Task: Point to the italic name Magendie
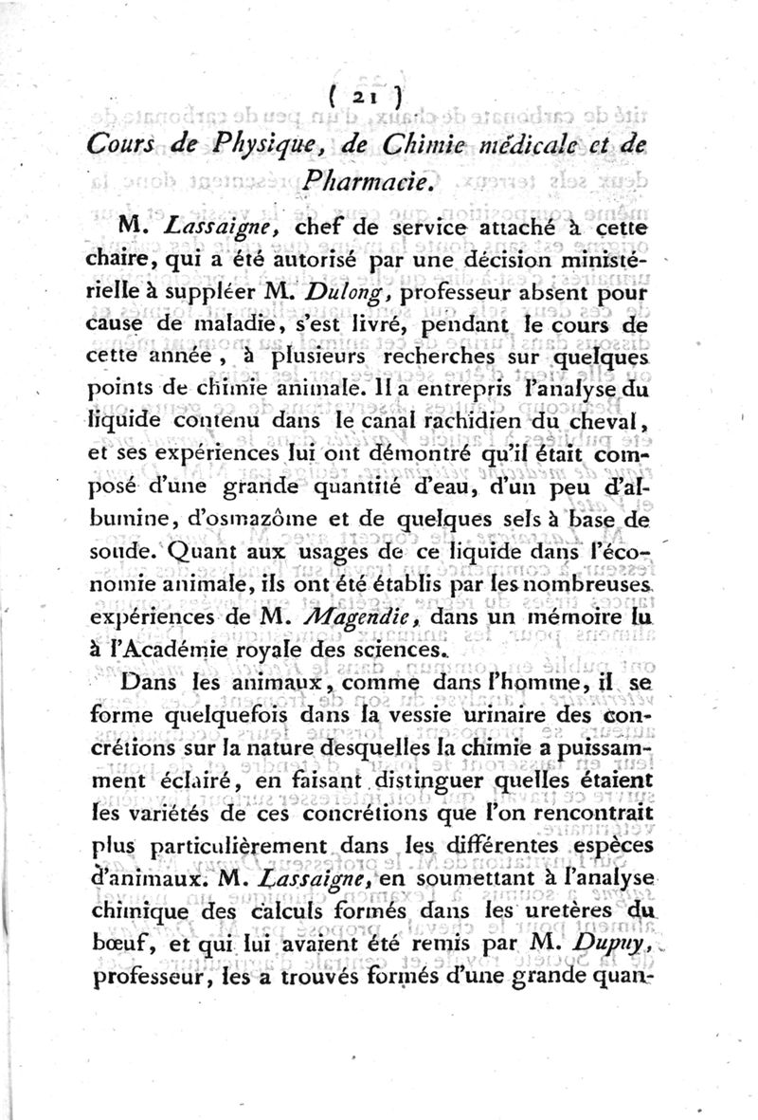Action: pos(384,618)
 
